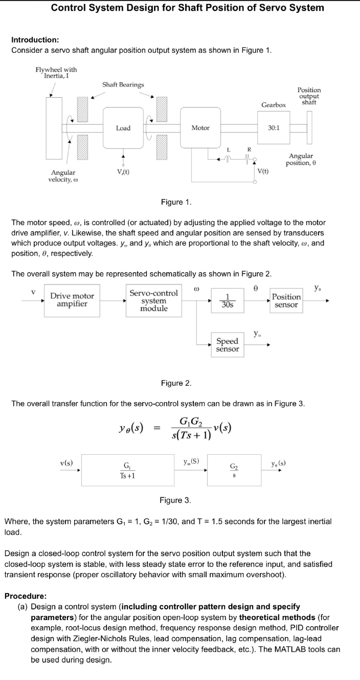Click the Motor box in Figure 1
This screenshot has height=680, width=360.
pos(200,128)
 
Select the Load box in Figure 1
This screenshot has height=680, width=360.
pos(123,128)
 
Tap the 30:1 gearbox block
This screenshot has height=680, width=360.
pos(274,128)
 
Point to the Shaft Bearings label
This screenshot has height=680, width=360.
pos(123,84)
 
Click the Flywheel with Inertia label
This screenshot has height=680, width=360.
pos(56,73)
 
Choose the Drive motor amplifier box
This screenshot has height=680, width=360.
pos(72,300)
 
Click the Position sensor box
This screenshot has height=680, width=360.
pos(286,300)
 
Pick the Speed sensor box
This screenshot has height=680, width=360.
pos(227,344)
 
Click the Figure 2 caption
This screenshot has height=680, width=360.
pos(176,383)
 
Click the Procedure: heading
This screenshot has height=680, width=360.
pos(26,596)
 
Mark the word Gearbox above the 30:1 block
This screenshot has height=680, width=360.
pos(274,104)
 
